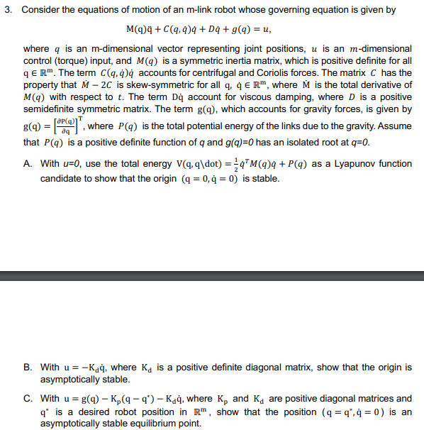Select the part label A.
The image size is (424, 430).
pos(27,164)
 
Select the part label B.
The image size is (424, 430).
pos(27,368)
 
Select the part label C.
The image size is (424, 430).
pos(27,399)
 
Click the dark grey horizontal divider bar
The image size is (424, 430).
pos(212,276)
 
